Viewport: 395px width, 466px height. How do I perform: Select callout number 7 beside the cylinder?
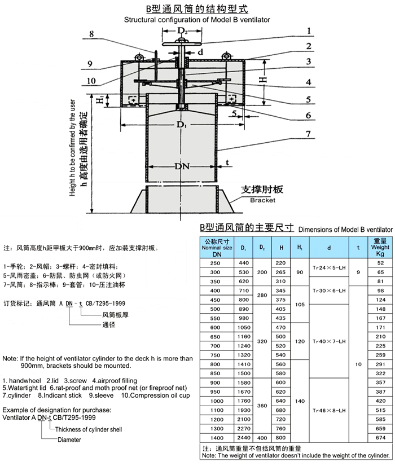pos(308,134)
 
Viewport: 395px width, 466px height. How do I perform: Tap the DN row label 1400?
pos(216,437)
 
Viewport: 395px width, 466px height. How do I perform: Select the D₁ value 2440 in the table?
pos(244,437)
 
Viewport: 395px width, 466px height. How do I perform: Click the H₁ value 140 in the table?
pos(299,401)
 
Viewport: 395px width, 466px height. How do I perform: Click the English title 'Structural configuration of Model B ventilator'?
pos(197,19)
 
